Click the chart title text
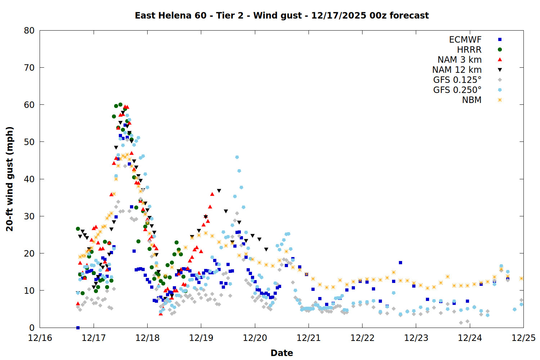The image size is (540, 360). [x=282, y=15]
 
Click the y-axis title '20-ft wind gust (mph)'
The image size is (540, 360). [x=10, y=179]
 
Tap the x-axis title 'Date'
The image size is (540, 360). [x=282, y=353]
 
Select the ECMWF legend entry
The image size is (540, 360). [x=465, y=40]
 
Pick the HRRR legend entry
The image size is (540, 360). [x=469, y=50]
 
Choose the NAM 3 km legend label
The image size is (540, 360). [x=459, y=60]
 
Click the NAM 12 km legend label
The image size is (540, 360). [x=457, y=70]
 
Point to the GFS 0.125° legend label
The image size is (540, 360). [x=457, y=80]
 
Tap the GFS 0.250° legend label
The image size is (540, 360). [x=457, y=90]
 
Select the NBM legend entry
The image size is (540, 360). [x=472, y=100]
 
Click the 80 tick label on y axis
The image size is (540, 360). [x=29, y=31]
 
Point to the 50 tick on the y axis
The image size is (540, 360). [x=29, y=142]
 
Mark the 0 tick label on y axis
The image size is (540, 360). [x=32, y=328]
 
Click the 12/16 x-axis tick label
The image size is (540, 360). [x=40, y=338]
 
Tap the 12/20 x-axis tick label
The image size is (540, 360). [x=255, y=338]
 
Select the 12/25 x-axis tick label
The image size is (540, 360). [x=523, y=338]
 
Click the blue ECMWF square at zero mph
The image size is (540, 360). [x=78, y=328]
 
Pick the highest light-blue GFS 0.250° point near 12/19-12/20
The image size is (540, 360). [x=237, y=157]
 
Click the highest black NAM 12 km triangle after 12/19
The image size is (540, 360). [x=219, y=191]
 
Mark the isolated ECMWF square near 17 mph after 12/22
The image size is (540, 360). [x=400, y=263]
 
